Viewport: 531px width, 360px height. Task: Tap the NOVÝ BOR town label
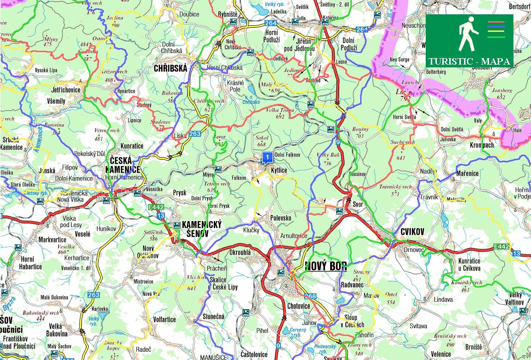pyautogui.click(x=326, y=266)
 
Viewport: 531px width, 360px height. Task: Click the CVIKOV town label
pyautogui.click(x=413, y=232)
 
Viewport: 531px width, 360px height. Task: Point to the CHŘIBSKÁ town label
pyautogui.click(x=170, y=68)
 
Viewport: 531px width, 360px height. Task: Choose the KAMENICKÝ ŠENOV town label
pyautogui.click(x=202, y=228)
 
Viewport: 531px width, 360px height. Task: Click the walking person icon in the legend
pyautogui.click(x=467, y=34)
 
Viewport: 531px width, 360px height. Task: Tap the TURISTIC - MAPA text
pyautogui.click(x=469, y=61)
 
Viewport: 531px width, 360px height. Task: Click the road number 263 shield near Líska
pyautogui.click(x=195, y=134)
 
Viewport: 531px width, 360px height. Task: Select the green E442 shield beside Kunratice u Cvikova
pyautogui.click(x=501, y=246)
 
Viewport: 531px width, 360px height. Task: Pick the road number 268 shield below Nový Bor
pyautogui.click(x=310, y=296)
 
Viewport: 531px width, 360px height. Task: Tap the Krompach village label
pyautogui.click(x=482, y=145)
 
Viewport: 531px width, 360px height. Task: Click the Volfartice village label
pyautogui.click(x=164, y=319)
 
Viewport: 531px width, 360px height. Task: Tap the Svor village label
pyautogui.click(x=358, y=204)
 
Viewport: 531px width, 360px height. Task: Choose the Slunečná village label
pyautogui.click(x=213, y=317)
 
